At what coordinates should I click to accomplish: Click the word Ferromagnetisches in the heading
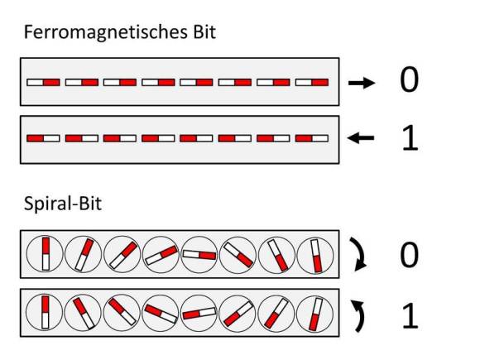point(106,32)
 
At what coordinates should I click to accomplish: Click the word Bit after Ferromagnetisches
point(204,31)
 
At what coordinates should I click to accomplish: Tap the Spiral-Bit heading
point(63,204)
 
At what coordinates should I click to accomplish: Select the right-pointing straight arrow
point(362,83)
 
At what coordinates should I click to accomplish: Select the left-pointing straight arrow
point(361,137)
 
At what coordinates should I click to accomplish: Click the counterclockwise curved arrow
point(361,315)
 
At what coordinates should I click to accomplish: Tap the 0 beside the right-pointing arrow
point(409,80)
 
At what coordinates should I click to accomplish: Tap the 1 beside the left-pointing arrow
point(410,137)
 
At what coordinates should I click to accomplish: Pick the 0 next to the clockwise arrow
point(409,254)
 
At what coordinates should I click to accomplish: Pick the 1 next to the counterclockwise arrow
point(410,316)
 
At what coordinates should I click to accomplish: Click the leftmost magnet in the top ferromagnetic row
point(43,83)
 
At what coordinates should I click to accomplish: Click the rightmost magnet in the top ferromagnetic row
point(312,83)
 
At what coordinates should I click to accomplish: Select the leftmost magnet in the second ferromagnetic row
point(43,138)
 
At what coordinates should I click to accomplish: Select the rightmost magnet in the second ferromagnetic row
point(312,138)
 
